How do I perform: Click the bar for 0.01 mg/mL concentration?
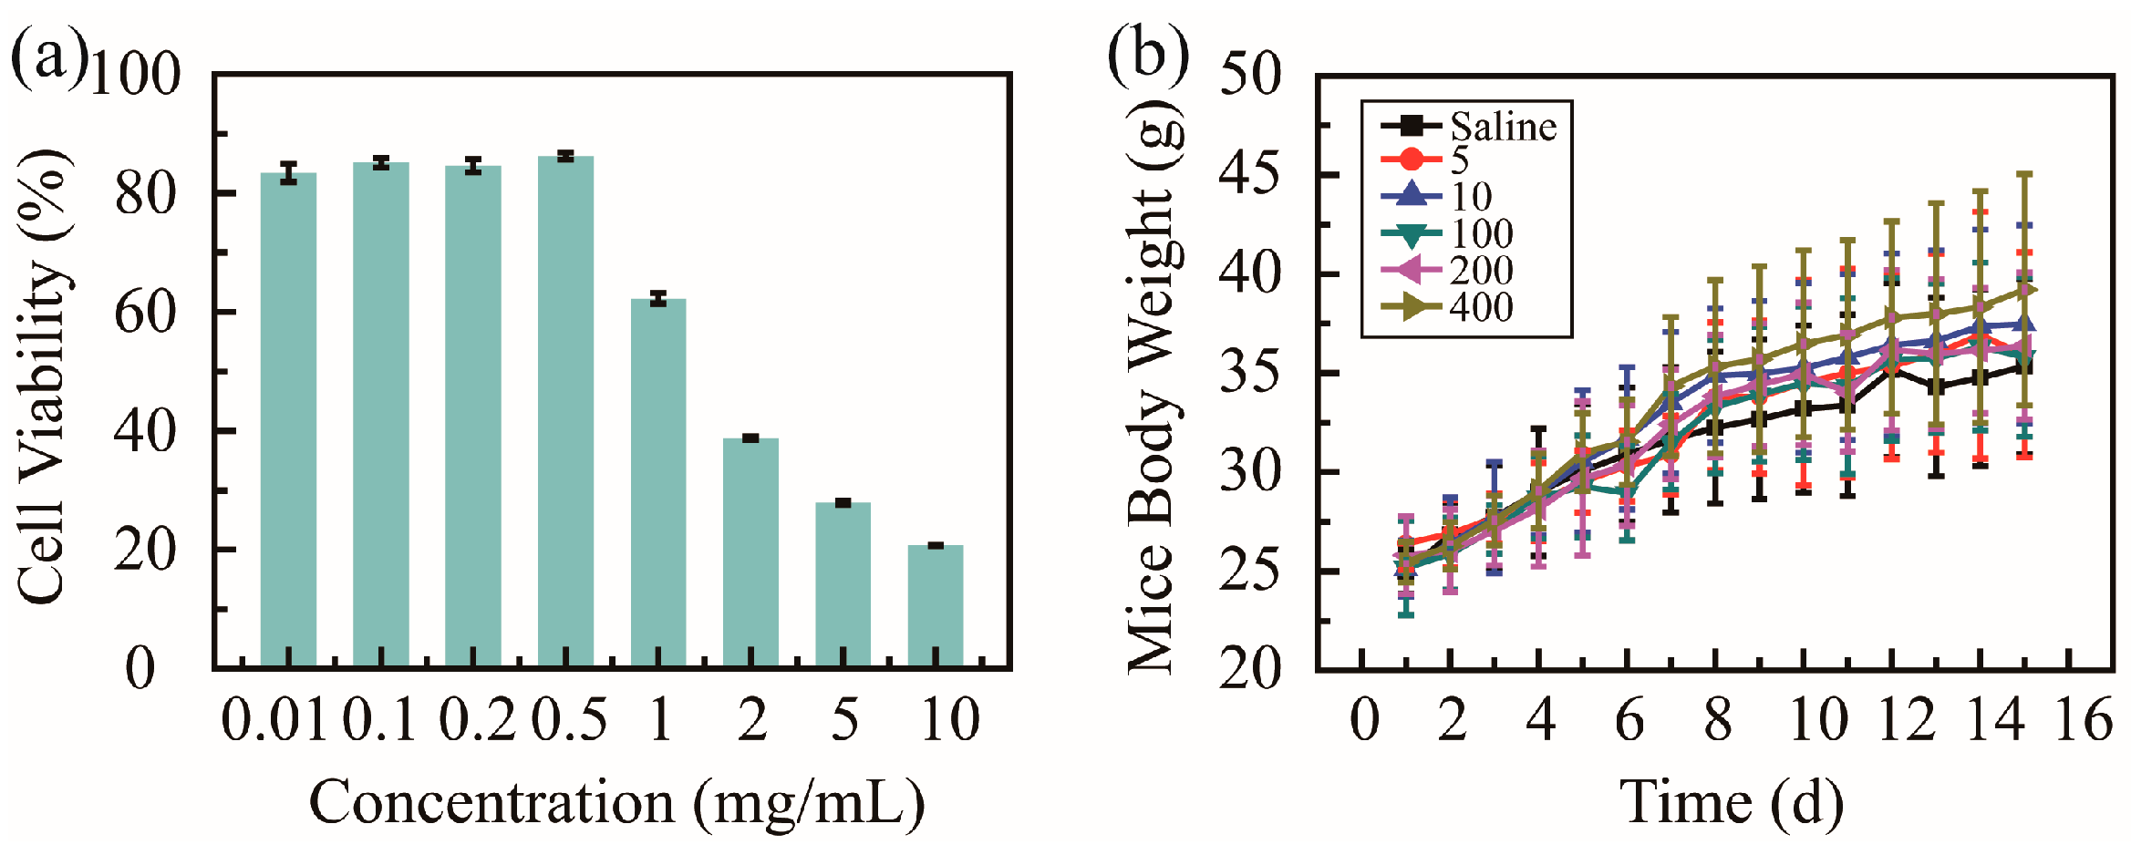point(288,419)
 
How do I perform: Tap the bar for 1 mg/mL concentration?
point(657,483)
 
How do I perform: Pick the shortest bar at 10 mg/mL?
point(935,606)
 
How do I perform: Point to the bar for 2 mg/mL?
point(750,552)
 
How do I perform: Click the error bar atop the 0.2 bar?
point(472,166)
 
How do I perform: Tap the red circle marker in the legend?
point(1410,160)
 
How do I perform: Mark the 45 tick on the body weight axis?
point(1250,173)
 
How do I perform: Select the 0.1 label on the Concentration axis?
point(379,720)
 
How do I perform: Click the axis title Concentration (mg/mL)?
point(617,803)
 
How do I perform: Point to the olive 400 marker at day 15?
point(2023,290)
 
